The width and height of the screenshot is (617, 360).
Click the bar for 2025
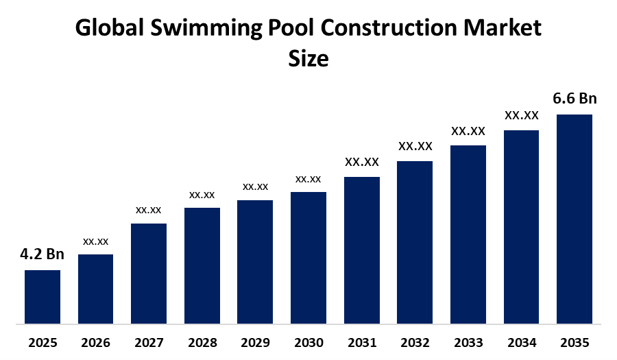pos(43,296)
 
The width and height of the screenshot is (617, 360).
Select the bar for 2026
pos(95,288)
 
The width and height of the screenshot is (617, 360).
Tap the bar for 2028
pos(202,265)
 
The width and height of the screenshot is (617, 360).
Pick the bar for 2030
pos(308,257)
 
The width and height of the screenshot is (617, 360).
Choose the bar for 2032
pos(415,241)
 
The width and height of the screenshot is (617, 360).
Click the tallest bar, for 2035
pos(574,218)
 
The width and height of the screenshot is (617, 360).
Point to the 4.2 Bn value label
pos(42,254)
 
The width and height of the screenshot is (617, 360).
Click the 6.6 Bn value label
pos(574,99)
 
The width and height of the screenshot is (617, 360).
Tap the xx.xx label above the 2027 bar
pos(149,209)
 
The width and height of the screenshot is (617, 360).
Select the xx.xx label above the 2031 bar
pos(362,162)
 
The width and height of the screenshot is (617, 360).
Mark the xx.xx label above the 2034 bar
pos(522,115)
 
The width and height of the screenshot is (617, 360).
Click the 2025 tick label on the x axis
pos(43,342)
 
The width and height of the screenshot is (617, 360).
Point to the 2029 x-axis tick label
pos(255,342)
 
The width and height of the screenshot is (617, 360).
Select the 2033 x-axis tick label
pos(468,342)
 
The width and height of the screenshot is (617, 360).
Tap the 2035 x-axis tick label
pos(574,342)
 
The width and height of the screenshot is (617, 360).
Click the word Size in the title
pos(308,59)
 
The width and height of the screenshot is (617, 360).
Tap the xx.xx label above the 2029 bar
pos(255,187)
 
